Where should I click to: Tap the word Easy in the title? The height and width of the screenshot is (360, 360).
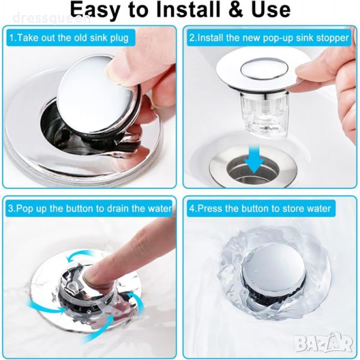pyautogui.click(x=95, y=11)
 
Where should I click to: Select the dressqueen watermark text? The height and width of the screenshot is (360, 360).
pyautogui.click(x=52, y=19)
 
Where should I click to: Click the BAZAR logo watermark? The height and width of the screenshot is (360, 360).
pyautogui.click(x=323, y=343)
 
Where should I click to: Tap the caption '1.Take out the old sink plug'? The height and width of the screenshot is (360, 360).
pyautogui.click(x=69, y=38)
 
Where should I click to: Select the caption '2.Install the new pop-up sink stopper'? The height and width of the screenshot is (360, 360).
pyautogui.click(x=269, y=38)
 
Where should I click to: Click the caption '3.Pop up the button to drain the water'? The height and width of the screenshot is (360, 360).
pyautogui.click(x=90, y=208)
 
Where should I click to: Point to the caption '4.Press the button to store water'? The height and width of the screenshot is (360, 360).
pyautogui.click(x=260, y=208)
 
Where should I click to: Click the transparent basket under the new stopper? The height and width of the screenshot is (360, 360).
pyautogui.click(x=262, y=113)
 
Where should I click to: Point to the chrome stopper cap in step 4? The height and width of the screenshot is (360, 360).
pyautogui.click(x=274, y=275)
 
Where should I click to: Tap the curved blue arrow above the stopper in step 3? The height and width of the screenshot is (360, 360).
pyautogui.click(x=81, y=257)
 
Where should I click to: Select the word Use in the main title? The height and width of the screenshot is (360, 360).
pyautogui.click(x=271, y=10)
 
